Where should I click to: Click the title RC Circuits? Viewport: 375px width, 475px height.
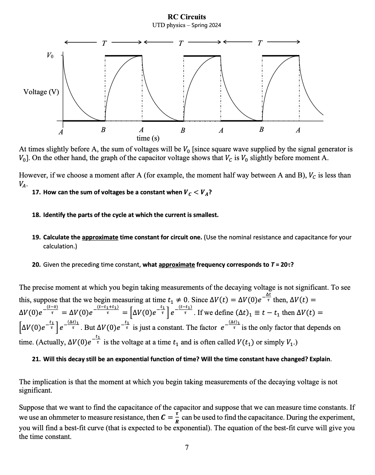[x=187, y=17]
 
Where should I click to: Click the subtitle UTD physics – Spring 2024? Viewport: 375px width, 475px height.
[x=187, y=25]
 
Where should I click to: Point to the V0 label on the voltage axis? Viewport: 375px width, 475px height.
[x=50, y=56]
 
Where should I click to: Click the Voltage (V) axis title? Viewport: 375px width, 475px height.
[x=41, y=92]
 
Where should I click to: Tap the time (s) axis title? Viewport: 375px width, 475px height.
[x=148, y=138]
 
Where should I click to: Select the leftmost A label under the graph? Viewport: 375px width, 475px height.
[x=61, y=132]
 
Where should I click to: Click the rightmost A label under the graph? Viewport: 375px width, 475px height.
[x=298, y=130]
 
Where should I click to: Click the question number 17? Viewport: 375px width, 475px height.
[x=36, y=192]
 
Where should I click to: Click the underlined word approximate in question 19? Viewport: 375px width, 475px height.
[x=100, y=237]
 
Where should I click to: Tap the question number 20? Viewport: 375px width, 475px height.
[x=36, y=265]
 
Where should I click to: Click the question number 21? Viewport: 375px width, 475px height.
[x=36, y=359]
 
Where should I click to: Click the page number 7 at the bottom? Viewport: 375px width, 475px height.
[x=187, y=448]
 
